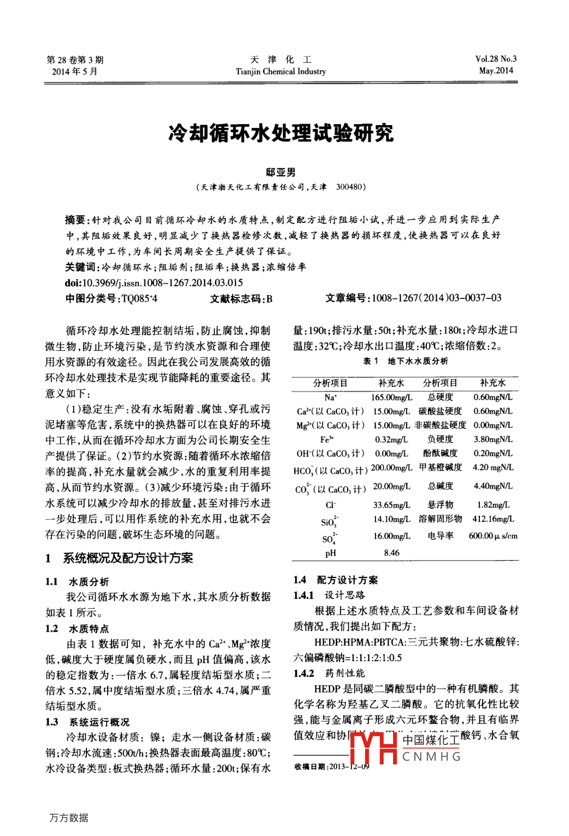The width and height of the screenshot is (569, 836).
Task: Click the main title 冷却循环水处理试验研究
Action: tap(281, 133)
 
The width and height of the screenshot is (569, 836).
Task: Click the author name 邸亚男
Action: tap(281, 173)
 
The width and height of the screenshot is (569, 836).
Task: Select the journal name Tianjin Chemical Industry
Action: tap(280, 72)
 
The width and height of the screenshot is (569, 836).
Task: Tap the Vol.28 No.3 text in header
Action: tap(496, 59)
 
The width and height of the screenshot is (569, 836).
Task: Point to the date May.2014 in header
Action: tap(496, 70)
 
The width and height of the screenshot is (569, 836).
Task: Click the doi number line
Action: tap(154, 282)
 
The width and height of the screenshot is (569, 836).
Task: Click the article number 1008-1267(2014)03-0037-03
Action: tap(436, 298)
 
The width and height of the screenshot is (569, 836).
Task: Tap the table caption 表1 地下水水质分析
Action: tap(405, 361)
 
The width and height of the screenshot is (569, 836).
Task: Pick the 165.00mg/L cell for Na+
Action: tap(391, 397)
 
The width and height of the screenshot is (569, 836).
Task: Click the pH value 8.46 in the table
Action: tap(391, 553)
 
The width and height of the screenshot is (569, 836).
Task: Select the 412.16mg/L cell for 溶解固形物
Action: tap(493, 519)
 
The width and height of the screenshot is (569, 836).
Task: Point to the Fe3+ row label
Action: tap(327, 439)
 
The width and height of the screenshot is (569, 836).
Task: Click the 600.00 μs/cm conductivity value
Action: tap(493, 536)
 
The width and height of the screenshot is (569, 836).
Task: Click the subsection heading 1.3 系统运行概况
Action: tap(87, 722)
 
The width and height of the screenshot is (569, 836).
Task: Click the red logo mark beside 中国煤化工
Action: tap(373, 747)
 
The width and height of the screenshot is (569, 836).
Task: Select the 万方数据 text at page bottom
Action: tap(68, 818)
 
